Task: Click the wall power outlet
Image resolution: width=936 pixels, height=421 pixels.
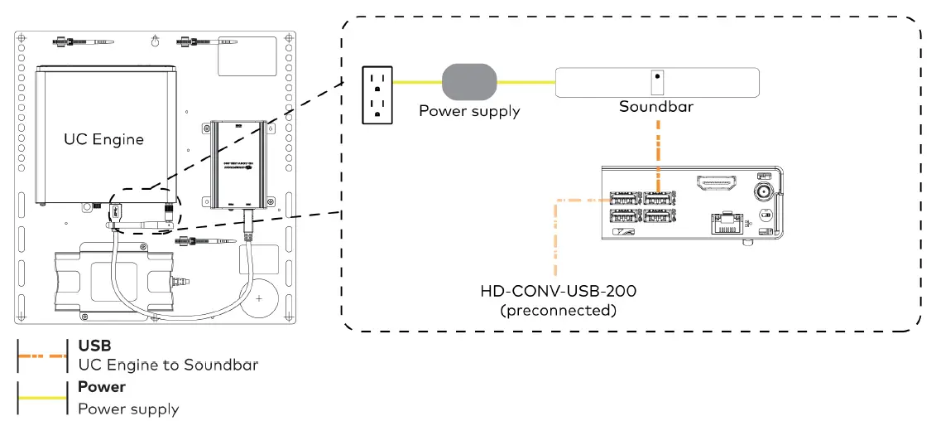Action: click(377, 94)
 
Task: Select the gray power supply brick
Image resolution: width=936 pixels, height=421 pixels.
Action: click(469, 83)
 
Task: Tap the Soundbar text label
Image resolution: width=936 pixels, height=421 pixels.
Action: click(656, 108)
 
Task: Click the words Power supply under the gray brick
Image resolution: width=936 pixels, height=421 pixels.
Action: click(469, 110)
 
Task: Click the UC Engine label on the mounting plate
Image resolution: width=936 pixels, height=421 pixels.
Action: click(103, 139)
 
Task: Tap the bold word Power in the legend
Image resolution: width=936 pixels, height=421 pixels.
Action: click(102, 387)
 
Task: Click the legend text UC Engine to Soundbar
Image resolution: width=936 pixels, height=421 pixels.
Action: click(168, 365)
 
